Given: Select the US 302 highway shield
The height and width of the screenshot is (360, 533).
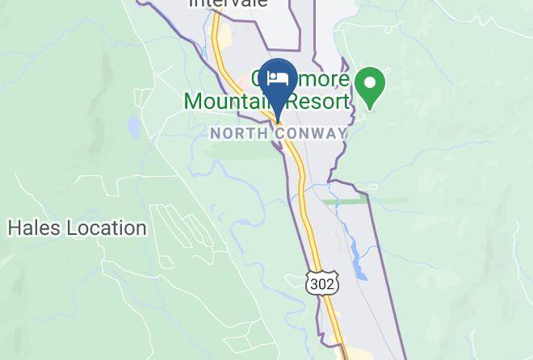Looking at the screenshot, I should pyautogui.click(x=323, y=283).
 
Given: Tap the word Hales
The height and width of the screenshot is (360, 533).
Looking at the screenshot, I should pyautogui.click(x=33, y=228).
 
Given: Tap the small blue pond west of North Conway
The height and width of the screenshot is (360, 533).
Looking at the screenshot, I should pyautogui.click(x=132, y=127).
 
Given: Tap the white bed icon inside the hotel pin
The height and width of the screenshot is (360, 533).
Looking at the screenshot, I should pyautogui.click(x=278, y=78).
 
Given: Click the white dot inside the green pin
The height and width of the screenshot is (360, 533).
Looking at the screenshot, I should pyautogui.click(x=371, y=82).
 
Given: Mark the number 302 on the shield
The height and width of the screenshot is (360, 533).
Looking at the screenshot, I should pyautogui.click(x=323, y=284).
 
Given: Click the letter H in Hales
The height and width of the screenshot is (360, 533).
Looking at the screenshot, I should pyautogui.click(x=14, y=228).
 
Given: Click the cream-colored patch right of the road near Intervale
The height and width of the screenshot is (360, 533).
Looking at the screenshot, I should pyautogui.click(x=227, y=36).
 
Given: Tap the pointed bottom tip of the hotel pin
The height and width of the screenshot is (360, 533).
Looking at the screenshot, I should pyautogui.click(x=278, y=120).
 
